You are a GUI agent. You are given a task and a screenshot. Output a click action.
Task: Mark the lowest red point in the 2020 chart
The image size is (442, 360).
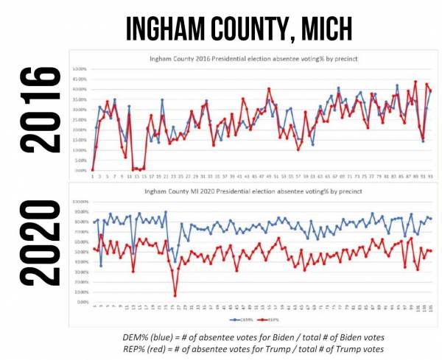(x=175, y=295)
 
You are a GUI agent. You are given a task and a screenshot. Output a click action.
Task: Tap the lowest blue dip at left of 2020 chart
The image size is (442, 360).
(x=100, y=265)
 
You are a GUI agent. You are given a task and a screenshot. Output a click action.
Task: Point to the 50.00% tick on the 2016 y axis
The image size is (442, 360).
(x=78, y=69)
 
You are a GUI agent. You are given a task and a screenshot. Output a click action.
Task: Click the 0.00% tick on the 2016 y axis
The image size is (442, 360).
(x=80, y=170)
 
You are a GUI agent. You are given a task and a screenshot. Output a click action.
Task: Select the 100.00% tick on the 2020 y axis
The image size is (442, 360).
(x=77, y=202)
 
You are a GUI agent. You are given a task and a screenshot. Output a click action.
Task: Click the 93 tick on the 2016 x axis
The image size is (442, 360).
(x=429, y=177)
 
